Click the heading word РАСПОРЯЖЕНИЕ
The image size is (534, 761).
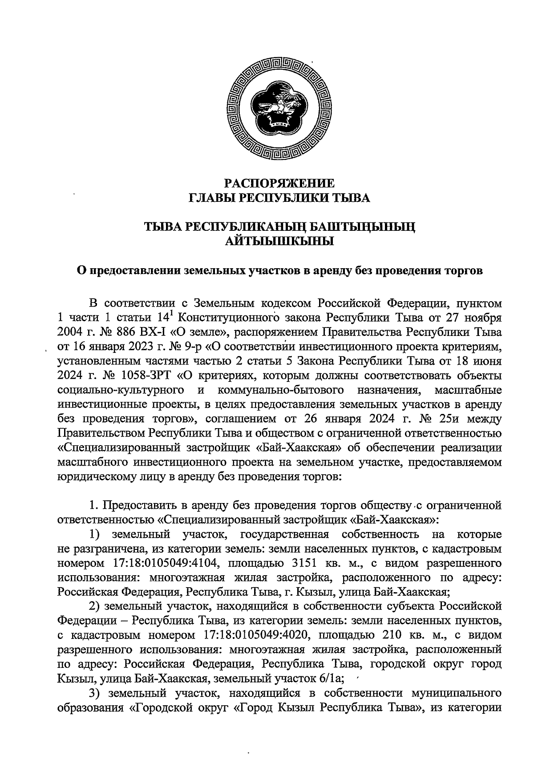point(279,183)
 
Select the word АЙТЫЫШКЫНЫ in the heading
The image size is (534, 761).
point(279,241)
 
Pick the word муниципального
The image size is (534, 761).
point(455,693)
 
